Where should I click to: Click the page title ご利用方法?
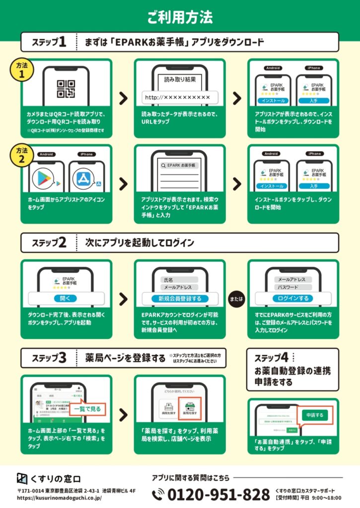click(x=180, y=17)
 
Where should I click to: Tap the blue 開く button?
click(x=66, y=299)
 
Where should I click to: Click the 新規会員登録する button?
click(x=180, y=299)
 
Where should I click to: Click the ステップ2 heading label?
click(x=49, y=244)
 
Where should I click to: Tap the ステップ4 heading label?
click(x=271, y=358)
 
